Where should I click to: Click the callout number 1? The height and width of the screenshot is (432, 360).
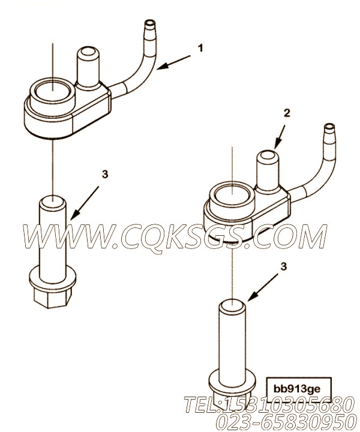coord(201,49)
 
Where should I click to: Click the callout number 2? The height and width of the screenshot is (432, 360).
coord(287,113)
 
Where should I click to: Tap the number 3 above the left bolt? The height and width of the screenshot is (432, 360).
coord(105,174)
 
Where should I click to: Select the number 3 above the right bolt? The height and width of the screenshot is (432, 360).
coord(283,266)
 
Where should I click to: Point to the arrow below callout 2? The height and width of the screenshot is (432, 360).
coord(280,135)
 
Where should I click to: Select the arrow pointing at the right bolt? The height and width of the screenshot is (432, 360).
coord(262,289)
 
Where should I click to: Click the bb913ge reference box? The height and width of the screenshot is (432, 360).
coord(296,389)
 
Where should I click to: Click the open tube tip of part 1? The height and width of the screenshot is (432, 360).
coord(150,23)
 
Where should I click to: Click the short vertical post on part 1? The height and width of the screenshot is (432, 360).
coord(87,65)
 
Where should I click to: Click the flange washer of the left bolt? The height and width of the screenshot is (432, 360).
coord(52,276)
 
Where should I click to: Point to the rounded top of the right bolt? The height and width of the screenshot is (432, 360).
coord(232,307)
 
